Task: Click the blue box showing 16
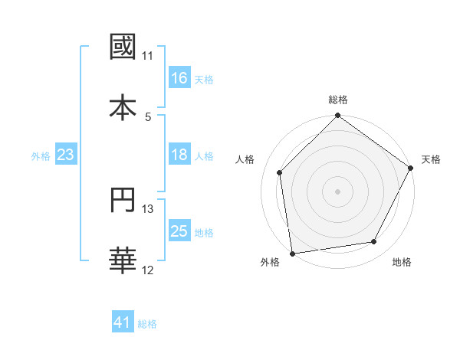[x=179, y=78]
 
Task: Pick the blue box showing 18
[x=179, y=155]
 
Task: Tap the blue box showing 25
[x=179, y=232]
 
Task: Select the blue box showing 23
[x=65, y=155]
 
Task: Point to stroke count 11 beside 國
[x=148, y=56]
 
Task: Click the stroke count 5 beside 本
[x=148, y=116]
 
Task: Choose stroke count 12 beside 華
[x=148, y=270]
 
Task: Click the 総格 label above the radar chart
[x=338, y=100]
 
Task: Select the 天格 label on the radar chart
[x=431, y=159]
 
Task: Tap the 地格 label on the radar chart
[x=402, y=262]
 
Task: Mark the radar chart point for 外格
[x=292, y=253]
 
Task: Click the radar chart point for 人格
[x=280, y=172]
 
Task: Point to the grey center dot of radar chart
[x=338, y=191]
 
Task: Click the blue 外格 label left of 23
[x=41, y=156]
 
